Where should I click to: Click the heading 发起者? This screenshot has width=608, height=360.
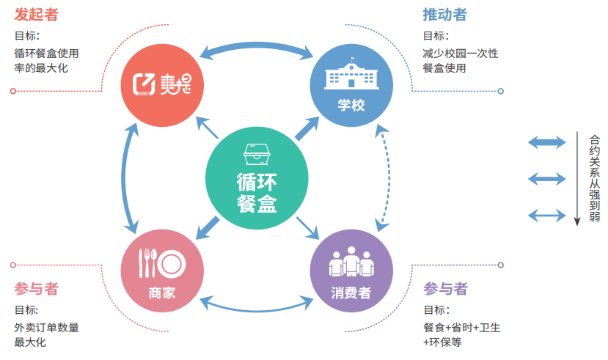point(37,14)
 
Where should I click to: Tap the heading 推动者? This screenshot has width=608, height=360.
point(444,14)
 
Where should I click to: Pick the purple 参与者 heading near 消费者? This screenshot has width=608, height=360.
point(444,288)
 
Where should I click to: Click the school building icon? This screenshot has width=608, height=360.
point(351,73)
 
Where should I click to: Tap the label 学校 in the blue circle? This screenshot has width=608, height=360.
point(351,105)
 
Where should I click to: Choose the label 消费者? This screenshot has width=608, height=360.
point(351,293)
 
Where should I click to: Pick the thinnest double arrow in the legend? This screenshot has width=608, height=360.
point(547,215)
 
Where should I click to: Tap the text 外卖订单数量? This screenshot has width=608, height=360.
point(46,327)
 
